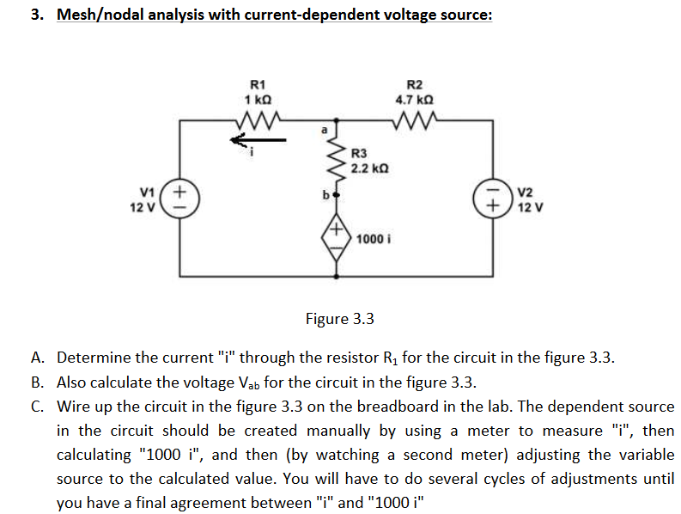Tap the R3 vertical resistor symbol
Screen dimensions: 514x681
[x=335, y=162]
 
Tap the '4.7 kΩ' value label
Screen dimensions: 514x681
[x=414, y=99]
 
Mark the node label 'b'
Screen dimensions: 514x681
[x=325, y=194]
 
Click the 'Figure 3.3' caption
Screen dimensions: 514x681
[x=340, y=319]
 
